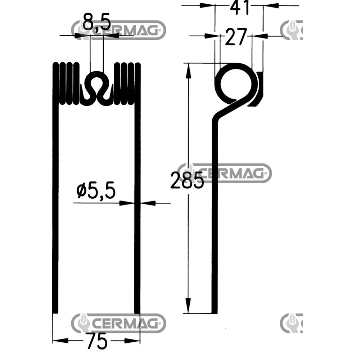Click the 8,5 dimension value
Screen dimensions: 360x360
point(96,22)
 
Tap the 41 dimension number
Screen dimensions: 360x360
point(239,7)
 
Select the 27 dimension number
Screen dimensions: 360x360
point(236,37)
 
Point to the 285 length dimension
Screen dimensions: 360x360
point(187,180)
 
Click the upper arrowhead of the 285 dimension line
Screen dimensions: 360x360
point(188,71)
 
